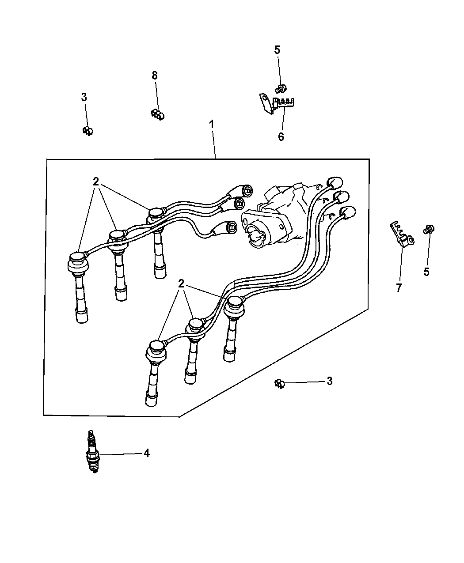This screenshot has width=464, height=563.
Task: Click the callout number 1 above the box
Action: pyautogui.click(x=211, y=125)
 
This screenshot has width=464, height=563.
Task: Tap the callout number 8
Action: pyautogui.click(x=154, y=76)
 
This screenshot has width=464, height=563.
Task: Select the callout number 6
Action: pyautogui.click(x=281, y=137)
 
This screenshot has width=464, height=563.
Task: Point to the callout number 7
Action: pyautogui.click(x=399, y=288)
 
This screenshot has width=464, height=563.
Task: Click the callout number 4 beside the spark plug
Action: pyautogui.click(x=146, y=453)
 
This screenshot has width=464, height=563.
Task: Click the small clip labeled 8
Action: pyautogui.click(x=158, y=114)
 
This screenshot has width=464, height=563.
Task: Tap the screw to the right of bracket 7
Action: pyautogui.click(x=428, y=229)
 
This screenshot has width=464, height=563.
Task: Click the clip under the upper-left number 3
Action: pyautogui.click(x=88, y=131)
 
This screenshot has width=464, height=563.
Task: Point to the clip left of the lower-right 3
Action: pyautogui.click(x=280, y=383)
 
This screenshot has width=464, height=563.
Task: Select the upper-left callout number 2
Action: pyautogui.click(x=96, y=182)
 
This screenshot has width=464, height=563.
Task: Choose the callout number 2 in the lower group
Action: pyautogui.click(x=181, y=283)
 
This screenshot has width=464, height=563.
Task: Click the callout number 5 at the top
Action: pyautogui.click(x=277, y=50)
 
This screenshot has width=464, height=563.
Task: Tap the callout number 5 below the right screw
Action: pyautogui.click(x=426, y=272)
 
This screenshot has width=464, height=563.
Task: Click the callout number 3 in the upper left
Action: pyautogui.click(x=84, y=97)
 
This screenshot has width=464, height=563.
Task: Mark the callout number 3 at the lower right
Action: pyautogui.click(x=329, y=381)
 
